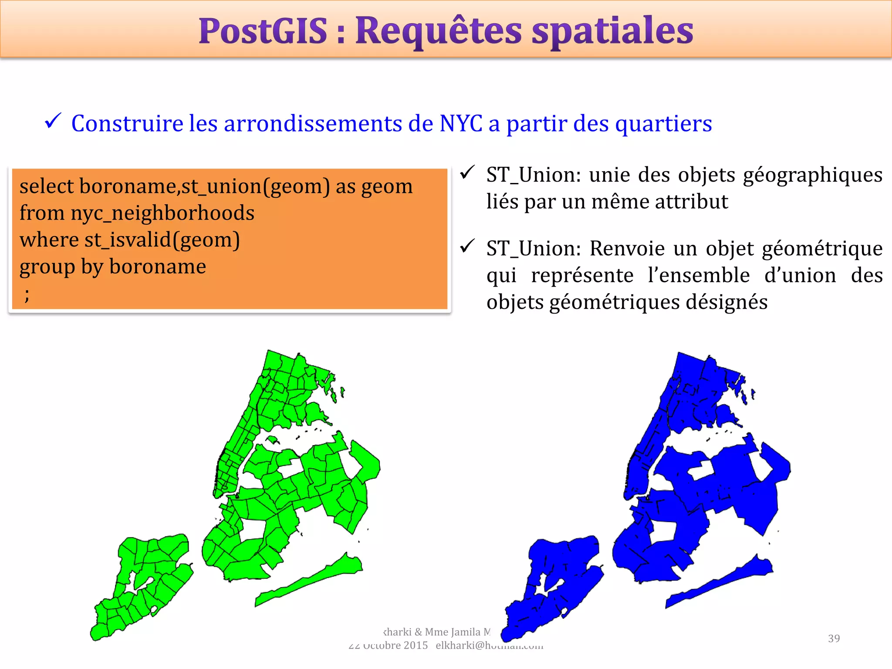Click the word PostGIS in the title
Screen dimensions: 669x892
(263, 31)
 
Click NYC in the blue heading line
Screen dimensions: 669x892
(461, 123)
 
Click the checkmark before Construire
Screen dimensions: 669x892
(53, 121)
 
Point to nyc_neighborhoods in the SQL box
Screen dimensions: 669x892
(162, 213)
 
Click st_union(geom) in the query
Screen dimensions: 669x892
(256, 187)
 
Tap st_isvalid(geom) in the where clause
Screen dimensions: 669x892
(162, 240)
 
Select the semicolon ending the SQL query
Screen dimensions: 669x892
(27, 295)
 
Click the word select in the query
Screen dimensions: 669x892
(47, 186)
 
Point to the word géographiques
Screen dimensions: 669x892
(813, 176)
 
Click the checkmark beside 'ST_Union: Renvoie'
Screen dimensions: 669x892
(467, 246)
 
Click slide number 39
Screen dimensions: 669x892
(834, 639)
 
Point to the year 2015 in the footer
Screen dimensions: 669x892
(416, 645)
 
